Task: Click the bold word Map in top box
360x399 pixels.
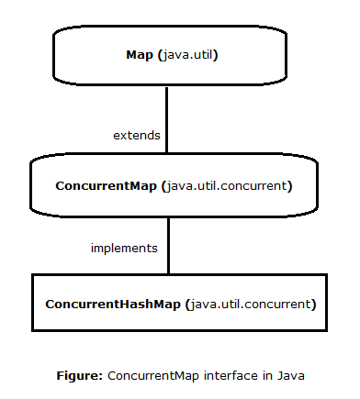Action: tap(140, 55)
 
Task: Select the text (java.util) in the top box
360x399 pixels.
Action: tap(187, 55)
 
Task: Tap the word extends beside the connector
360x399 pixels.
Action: tap(136, 135)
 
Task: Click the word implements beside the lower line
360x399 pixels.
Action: tap(124, 249)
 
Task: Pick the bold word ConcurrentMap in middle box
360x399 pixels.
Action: tap(106, 186)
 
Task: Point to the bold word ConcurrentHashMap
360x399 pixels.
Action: tap(113, 303)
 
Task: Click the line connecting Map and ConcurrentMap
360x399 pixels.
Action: tap(166, 119)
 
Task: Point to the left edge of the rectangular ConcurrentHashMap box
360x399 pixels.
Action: tap(33, 303)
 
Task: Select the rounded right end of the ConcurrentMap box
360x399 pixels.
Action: tap(318, 186)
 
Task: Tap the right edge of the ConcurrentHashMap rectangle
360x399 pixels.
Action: tap(328, 303)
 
